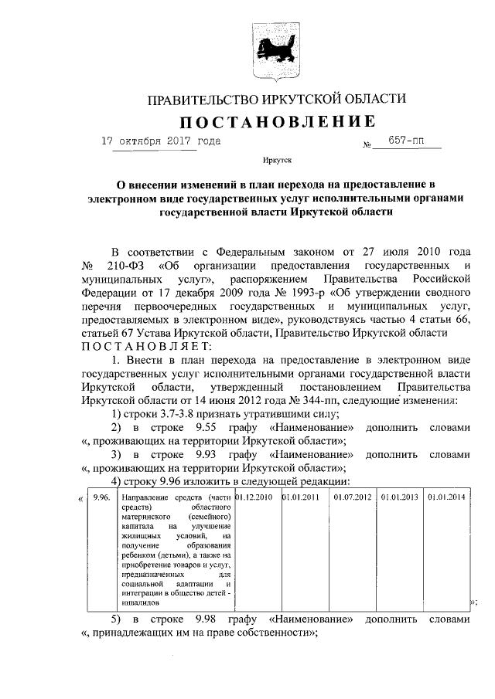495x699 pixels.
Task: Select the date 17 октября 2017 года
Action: (x=161, y=141)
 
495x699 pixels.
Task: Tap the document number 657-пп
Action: (x=403, y=143)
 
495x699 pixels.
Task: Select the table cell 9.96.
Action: (x=102, y=497)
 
